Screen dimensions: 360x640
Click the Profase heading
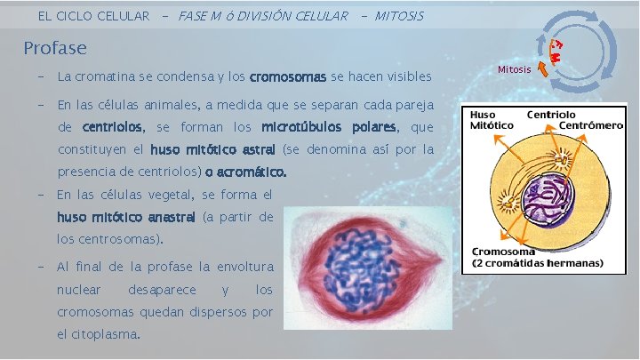click(55, 47)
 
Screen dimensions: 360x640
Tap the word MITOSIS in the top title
click(399, 16)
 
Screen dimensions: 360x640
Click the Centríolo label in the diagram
click(551, 115)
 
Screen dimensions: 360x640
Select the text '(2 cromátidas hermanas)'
click(537, 262)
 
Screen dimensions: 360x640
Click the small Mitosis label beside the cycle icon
click(514, 69)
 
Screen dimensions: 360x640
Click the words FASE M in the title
click(200, 16)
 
